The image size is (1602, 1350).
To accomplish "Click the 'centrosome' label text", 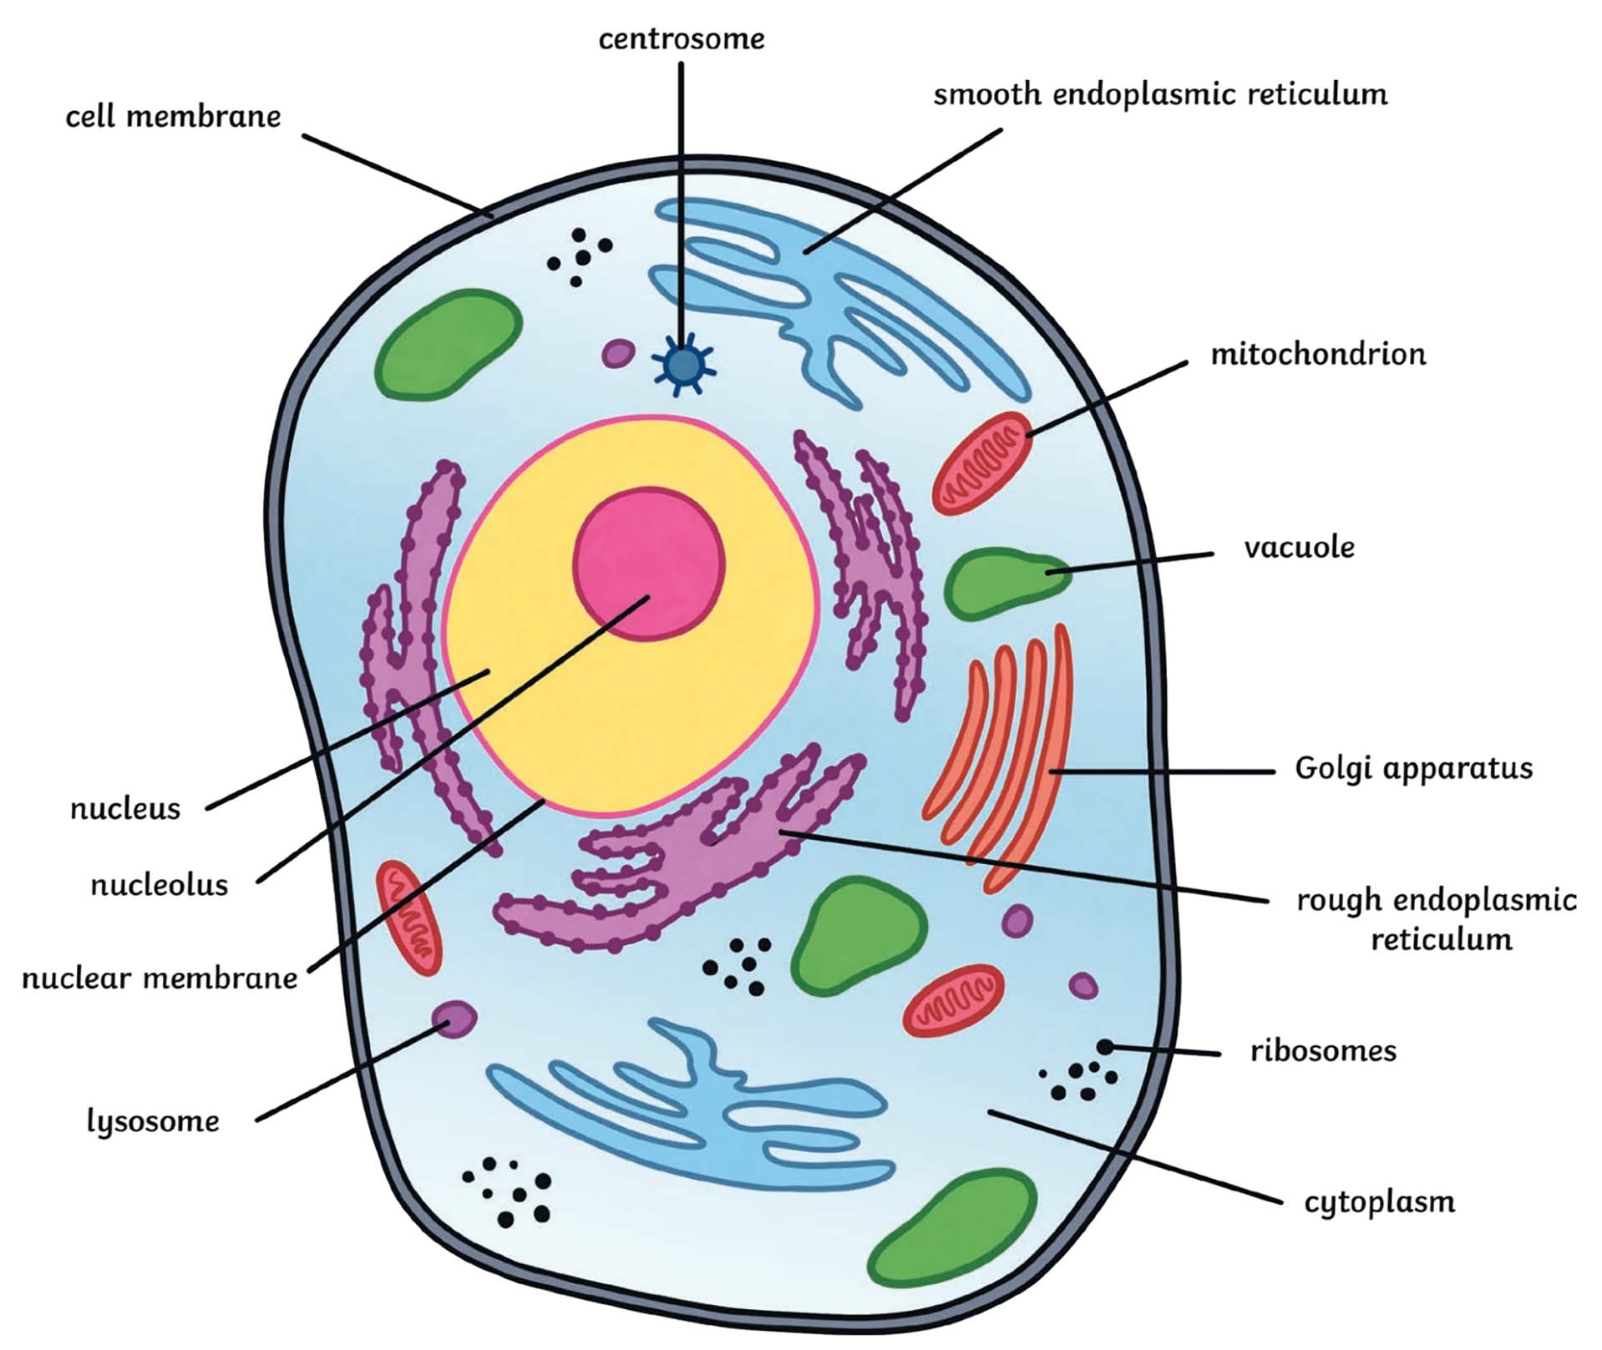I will pos(681,38).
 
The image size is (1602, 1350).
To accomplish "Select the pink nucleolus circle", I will pos(649,564).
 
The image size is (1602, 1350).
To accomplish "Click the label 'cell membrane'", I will pos(173,117).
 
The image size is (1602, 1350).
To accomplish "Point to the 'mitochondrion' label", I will pos(1318,355).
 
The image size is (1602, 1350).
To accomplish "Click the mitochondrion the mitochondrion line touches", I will pos(982,463).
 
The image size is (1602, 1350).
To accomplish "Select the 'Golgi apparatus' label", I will pos(1413,768).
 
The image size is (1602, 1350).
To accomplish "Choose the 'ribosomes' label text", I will pos(1322,1051).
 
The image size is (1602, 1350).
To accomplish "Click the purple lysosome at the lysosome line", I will pos(454,1019).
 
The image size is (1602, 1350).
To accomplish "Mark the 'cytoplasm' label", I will pos(1379,1202).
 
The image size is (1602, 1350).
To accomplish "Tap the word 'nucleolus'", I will pos(159,884).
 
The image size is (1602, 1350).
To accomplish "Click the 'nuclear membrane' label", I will pos(159,978).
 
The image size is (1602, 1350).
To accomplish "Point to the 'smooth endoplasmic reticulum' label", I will pos(1160,94).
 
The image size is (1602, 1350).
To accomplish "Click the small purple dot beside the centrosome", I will pos(618,353).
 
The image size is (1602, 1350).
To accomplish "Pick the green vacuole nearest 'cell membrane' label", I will pos(449,343).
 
